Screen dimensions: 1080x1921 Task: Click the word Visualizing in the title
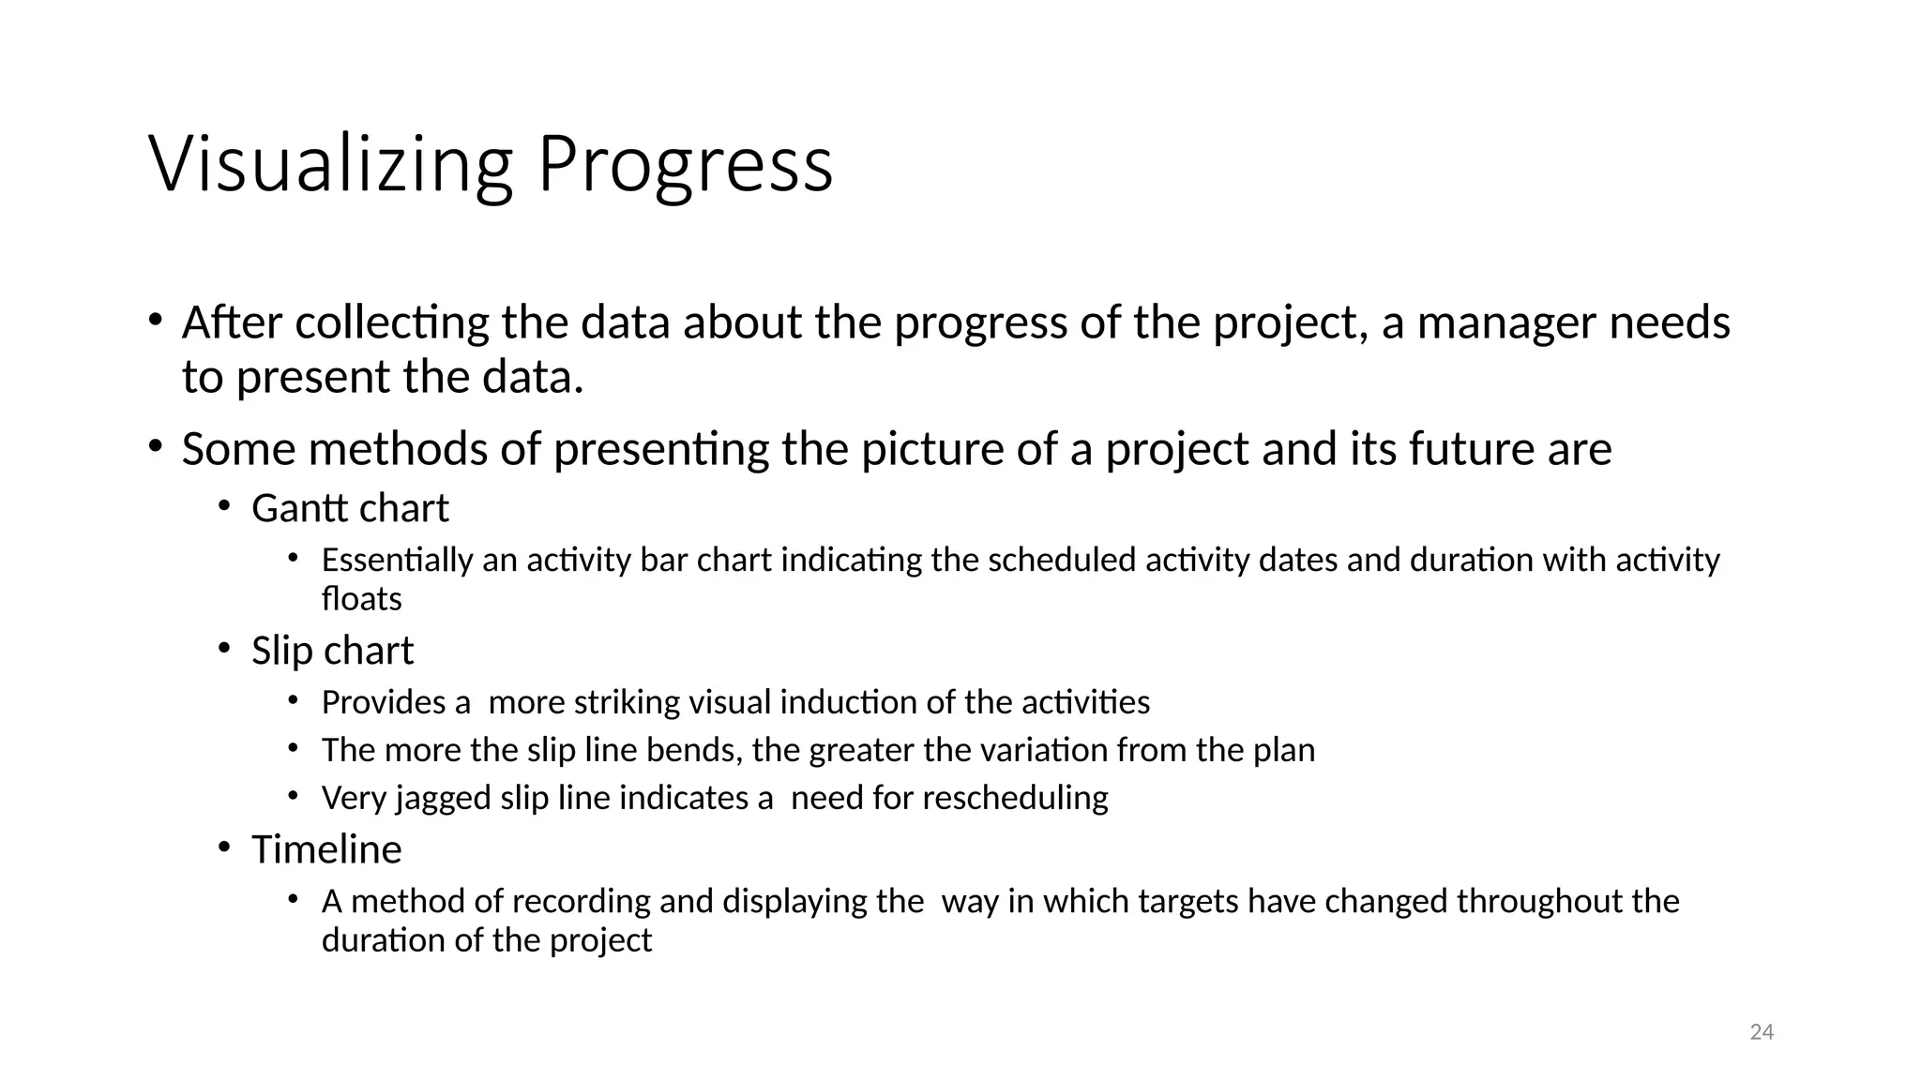pyautogui.click(x=330, y=165)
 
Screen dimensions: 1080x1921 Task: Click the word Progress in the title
pyautogui.click(x=684, y=165)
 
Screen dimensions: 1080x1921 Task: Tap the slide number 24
pyautogui.click(x=1762, y=1032)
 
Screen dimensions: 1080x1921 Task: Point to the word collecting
pyautogui.click(x=392, y=322)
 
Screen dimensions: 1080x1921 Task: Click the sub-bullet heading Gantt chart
pyautogui.click(x=350, y=508)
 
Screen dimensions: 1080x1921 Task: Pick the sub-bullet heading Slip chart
pyautogui.click(x=332, y=651)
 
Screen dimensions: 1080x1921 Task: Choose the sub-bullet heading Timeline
pyautogui.click(x=326, y=849)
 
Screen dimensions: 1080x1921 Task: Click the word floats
pyautogui.click(x=361, y=599)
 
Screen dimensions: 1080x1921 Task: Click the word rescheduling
pyautogui.click(x=1015, y=798)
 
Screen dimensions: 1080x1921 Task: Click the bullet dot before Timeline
pyautogui.click(x=223, y=847)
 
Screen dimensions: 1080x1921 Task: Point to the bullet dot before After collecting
pyautogui.click(x=155, y=320)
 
